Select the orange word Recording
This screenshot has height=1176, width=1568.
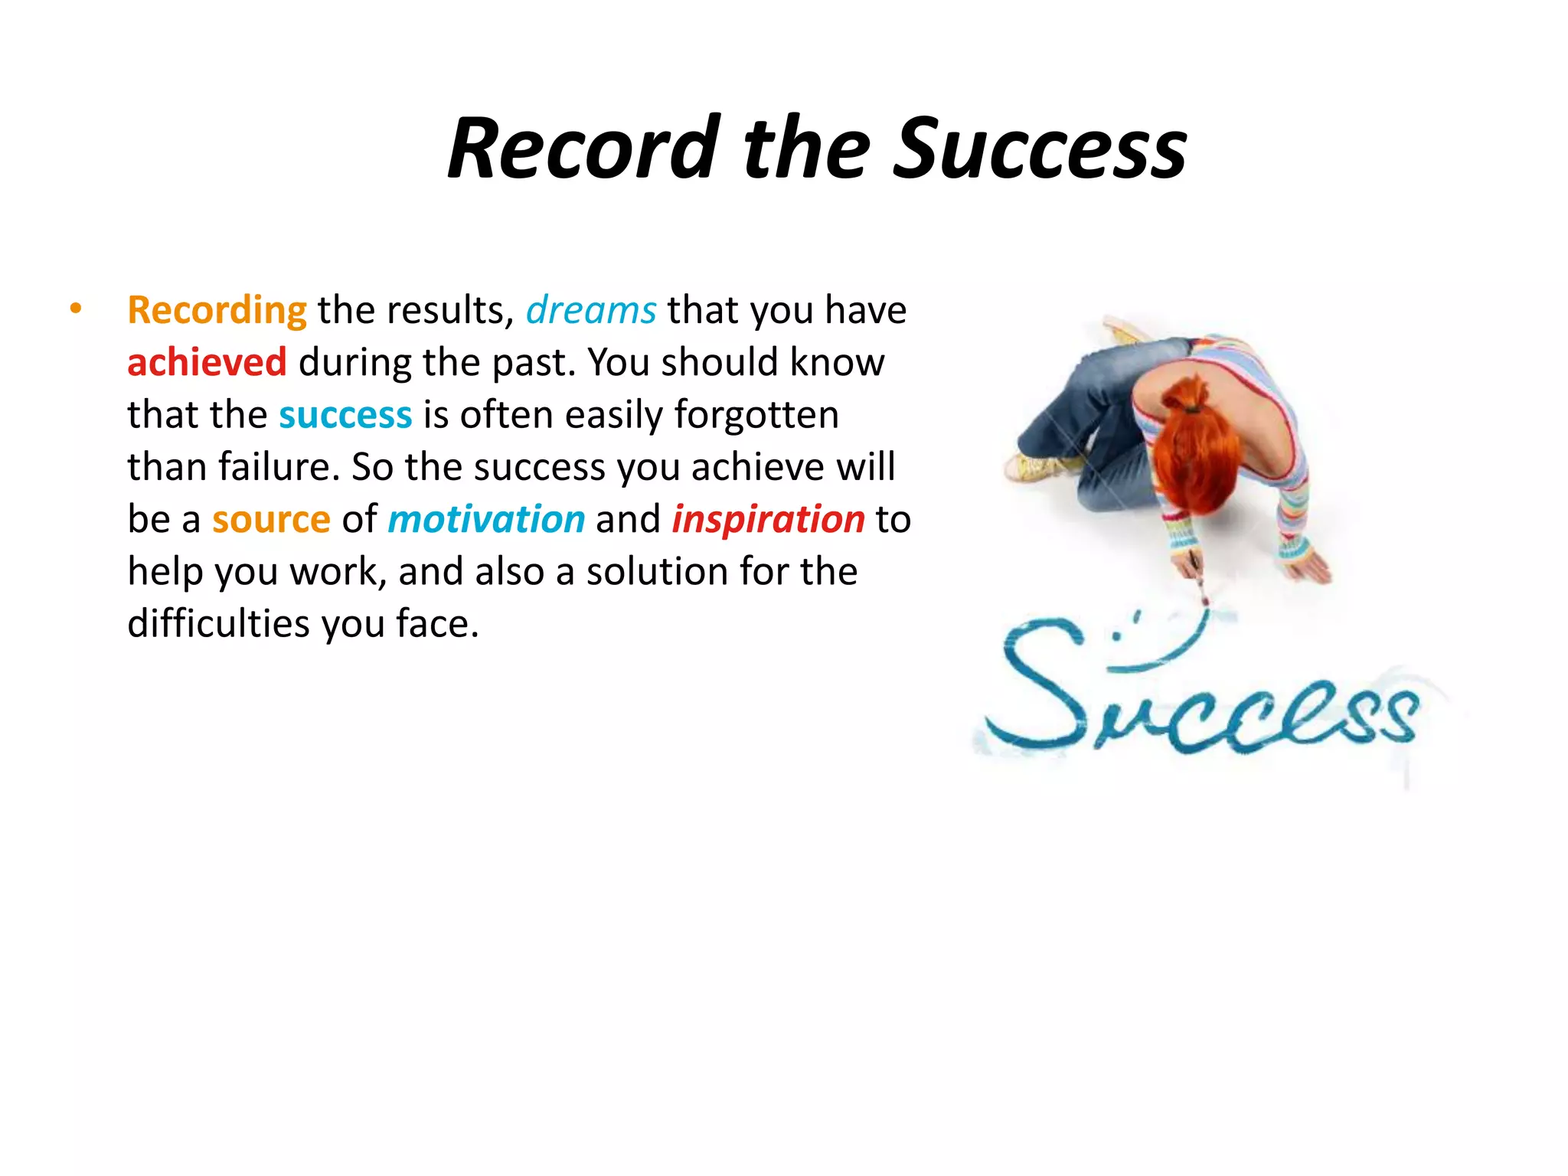click(x=217, y=311)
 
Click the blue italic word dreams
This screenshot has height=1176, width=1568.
click(x=590, y=311)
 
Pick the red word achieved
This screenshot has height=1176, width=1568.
click(x=207, y=363)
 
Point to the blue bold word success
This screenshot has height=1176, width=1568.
click(x=345, y=415)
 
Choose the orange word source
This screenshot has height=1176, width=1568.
click(x=271, y=520)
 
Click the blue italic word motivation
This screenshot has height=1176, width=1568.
click(x=486, y=520)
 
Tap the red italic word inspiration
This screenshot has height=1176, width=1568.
click(x=768, y=520)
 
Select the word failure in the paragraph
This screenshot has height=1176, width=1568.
click(x=279, y=467)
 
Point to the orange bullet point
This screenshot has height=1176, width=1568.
click(x=75, y=309)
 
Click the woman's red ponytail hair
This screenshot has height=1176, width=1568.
click(x=1198, y=444)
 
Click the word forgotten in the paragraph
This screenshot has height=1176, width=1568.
click(x=756, y=415)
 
